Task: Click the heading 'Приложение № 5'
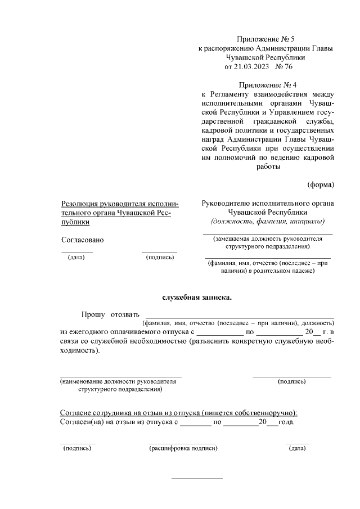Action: point(265,39)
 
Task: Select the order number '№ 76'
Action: point(286,67)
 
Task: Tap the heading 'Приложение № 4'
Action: point(265,84)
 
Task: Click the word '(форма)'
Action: point(320,184)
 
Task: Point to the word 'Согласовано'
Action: point(83,240)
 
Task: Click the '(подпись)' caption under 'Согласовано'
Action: point(160,258)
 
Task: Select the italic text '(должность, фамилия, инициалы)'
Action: point(268,222)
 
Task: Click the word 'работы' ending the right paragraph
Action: point(268,166)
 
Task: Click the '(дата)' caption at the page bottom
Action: point(297,448)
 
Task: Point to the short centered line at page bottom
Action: point(196,479)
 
